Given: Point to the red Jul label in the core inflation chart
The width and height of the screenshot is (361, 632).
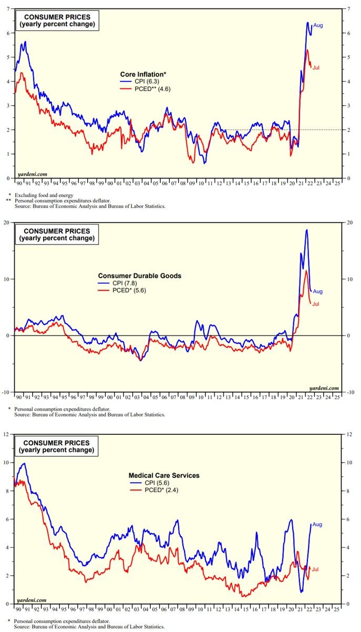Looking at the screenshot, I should click(316, 67).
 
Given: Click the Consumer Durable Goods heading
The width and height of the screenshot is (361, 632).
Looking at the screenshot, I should click(140, 276).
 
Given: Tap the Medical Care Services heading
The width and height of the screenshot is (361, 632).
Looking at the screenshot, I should click(164, 475).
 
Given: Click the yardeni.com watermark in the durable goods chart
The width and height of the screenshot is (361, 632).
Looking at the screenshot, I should click(325, 388).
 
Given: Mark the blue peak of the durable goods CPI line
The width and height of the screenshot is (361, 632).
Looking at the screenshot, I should click(306, 230).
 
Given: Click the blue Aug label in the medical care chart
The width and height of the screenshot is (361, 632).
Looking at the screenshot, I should click(317, 524).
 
